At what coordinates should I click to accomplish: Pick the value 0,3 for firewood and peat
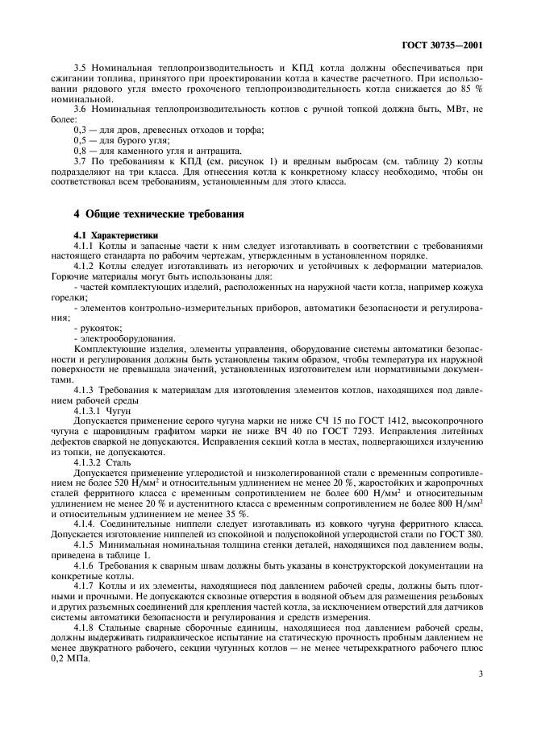coord(81,130)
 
